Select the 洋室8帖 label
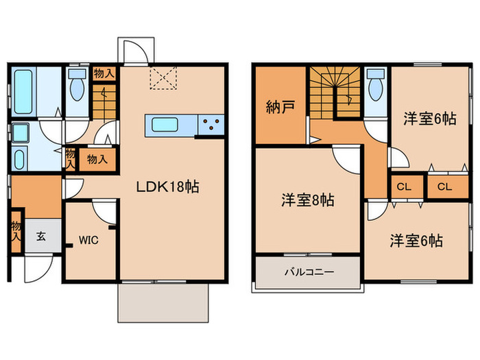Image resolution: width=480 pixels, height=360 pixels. (x=307, y=201)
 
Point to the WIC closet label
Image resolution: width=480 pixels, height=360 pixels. (x=88, y=241)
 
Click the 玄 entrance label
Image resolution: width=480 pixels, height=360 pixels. (x=40, y=237)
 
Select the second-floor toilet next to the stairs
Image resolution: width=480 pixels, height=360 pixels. (x=375, y=86)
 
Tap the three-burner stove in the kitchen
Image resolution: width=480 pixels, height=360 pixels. (x=211, y=125)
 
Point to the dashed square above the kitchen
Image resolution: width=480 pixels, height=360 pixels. (x=164, y=79)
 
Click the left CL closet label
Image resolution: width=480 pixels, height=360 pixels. (x=402, y=187)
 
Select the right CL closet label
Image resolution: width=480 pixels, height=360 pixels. (x=444, y=187)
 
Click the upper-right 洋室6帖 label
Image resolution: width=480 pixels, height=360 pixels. (x=430, y=118)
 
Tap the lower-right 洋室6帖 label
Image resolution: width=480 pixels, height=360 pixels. (x=416, y=241)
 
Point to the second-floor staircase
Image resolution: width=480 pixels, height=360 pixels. (x=332, y=93)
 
